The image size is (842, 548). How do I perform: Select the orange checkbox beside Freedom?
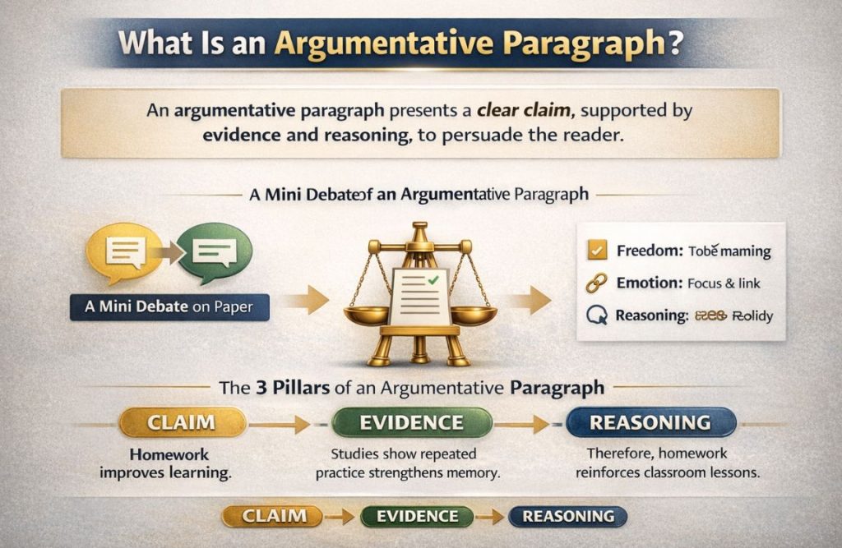599,250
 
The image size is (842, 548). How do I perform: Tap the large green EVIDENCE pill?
411,423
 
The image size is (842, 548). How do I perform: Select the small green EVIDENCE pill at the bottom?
416,517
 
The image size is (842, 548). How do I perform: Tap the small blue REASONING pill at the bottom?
567,517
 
